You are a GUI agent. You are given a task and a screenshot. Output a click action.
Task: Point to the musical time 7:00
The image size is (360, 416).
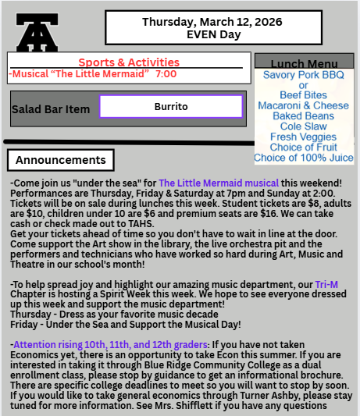pyautogui.click(x=166, y=73)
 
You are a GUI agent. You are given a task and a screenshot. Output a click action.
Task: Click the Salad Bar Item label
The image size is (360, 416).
pyautogui.click(x=51, y=109)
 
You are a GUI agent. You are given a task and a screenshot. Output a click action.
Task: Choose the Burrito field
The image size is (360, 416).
pyautogui.click(x=170, y=106)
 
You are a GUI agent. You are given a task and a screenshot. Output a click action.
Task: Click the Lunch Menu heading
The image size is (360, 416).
pyautogui.click(x=304, y=63)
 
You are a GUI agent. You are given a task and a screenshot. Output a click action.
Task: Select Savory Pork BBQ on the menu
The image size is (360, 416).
pyautogui.click(x=304, y=75)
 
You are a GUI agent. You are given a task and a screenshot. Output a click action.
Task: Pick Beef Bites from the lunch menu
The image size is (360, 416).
pyautogui.click(x=304, y=95)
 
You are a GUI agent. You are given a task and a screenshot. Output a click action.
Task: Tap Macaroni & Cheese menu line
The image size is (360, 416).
pyautogui.click(x=304, y=105)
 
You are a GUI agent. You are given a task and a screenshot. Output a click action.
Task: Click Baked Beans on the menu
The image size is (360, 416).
pyautogui.click(x=304, y=116)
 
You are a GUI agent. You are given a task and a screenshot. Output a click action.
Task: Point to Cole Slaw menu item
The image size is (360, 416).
pyautogui.click(x=304, y=126)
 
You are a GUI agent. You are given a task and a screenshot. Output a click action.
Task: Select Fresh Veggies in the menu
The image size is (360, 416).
pyautogui.click(x=304, y=137)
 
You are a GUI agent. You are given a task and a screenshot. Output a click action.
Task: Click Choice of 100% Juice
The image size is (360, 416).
pyautogui.click(x=304, y=158)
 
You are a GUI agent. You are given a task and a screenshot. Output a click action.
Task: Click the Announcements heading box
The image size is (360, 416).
pyautogui.click(x=60, y=161)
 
